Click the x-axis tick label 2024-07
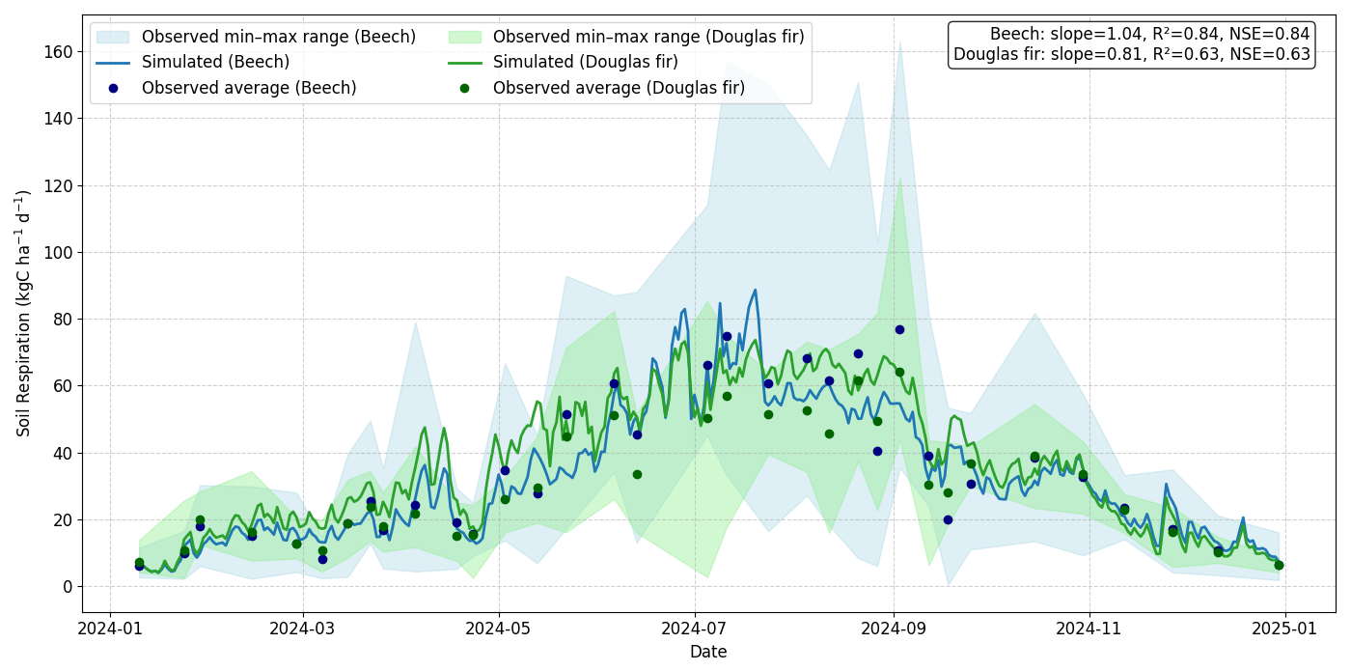point(695,629)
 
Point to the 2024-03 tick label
point(303,629)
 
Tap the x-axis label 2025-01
point(1285,629)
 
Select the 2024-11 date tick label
point(1089,629)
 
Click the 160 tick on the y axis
point(59,52)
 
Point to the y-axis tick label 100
point(59,253)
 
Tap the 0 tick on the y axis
point(67,587)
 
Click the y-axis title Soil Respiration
point(24,313)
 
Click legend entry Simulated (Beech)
point(215,63)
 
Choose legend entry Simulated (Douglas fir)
point(585,63)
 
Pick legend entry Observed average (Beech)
point(249,88)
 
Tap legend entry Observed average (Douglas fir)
point(619,88)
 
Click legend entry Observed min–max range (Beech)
point(279,38)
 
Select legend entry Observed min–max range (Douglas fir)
point(648,38)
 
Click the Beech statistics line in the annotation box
point(1149,35)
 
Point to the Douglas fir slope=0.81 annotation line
point(1132,55)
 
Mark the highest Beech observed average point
point(899,329)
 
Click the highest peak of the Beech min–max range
point(900,42)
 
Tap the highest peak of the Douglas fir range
point(899,178)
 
